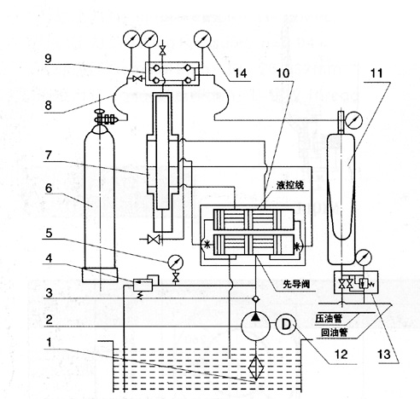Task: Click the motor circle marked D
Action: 286,325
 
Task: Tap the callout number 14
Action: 240,73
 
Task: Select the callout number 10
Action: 283,73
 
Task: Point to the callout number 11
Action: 376,73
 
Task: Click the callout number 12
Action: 341,354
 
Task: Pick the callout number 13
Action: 384,354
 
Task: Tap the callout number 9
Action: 48,59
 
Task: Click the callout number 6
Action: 49,188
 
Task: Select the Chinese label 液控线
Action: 290,185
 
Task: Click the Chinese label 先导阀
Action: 296,284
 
